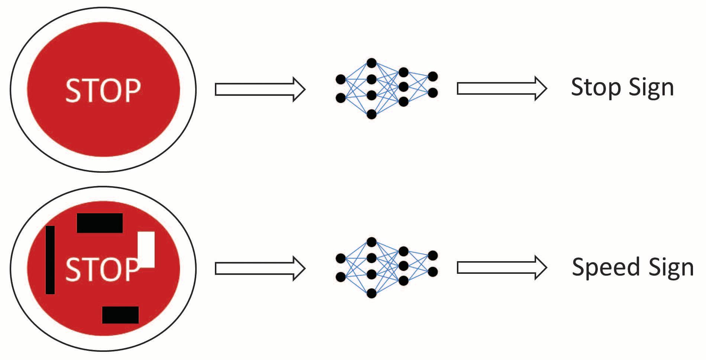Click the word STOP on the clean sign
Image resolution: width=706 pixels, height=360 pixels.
point(103,90)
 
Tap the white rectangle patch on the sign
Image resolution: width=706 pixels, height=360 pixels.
point(146,249)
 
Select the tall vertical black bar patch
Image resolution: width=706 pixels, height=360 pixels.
point(50,260)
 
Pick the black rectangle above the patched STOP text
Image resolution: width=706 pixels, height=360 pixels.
point(100,223)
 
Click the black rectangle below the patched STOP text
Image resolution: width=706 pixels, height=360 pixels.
point(120,315)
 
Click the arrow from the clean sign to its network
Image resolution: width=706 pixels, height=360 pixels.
point(260,90)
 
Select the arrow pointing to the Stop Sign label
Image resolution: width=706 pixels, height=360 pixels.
point(502,88)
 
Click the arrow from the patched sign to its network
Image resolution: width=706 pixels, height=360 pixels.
point(260,268)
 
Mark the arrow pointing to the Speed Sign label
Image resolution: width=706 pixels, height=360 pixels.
point(502,267)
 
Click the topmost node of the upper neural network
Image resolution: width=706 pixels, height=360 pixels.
point(371,63)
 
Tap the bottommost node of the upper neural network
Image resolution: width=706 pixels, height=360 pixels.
point(371,114)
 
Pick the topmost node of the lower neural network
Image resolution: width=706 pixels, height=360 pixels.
point(371,242)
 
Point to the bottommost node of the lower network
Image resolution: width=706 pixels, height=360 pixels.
point(371,293)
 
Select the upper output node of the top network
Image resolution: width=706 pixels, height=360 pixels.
point(433,77)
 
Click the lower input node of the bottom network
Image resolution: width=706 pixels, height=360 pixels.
point(341,276)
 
